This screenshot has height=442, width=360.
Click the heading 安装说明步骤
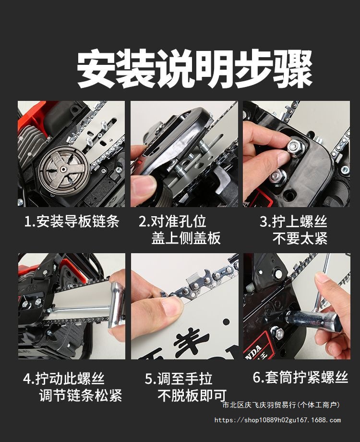(x=195, y=69)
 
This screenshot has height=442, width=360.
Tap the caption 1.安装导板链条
(x=72, y=221)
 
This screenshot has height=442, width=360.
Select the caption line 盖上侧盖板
(x=186, y=238)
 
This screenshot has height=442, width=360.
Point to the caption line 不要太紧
(x=300, y=238)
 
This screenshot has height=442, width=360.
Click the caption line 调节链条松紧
(x=81, y=395)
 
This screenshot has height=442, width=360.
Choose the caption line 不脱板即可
(x=192, y=395)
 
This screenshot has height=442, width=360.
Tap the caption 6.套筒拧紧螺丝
(x=300, y=377)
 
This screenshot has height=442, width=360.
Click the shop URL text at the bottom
(x=277, y=420)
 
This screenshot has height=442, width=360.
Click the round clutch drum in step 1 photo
(x=64, y=171)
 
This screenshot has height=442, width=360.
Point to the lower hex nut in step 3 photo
(x=277, y=177)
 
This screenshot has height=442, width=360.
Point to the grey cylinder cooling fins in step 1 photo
(x=29, y=144)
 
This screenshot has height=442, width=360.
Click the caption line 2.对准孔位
(x=173, y=221)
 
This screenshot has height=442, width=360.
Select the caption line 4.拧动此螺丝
(x=64, y=379)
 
